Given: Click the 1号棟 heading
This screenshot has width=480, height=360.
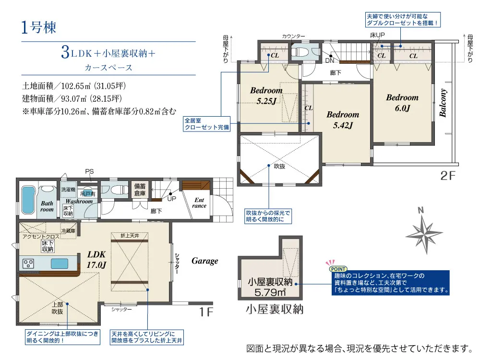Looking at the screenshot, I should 39,27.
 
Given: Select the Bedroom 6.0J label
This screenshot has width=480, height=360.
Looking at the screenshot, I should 402,103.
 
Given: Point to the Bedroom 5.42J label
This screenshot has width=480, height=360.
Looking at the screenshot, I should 343,120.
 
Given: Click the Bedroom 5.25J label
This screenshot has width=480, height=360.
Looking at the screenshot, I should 266,96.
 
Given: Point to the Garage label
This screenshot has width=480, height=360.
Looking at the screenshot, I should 204,261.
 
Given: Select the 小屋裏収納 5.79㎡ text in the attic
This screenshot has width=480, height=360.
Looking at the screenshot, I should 270,287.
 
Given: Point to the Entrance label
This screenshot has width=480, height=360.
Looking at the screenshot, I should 199,203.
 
